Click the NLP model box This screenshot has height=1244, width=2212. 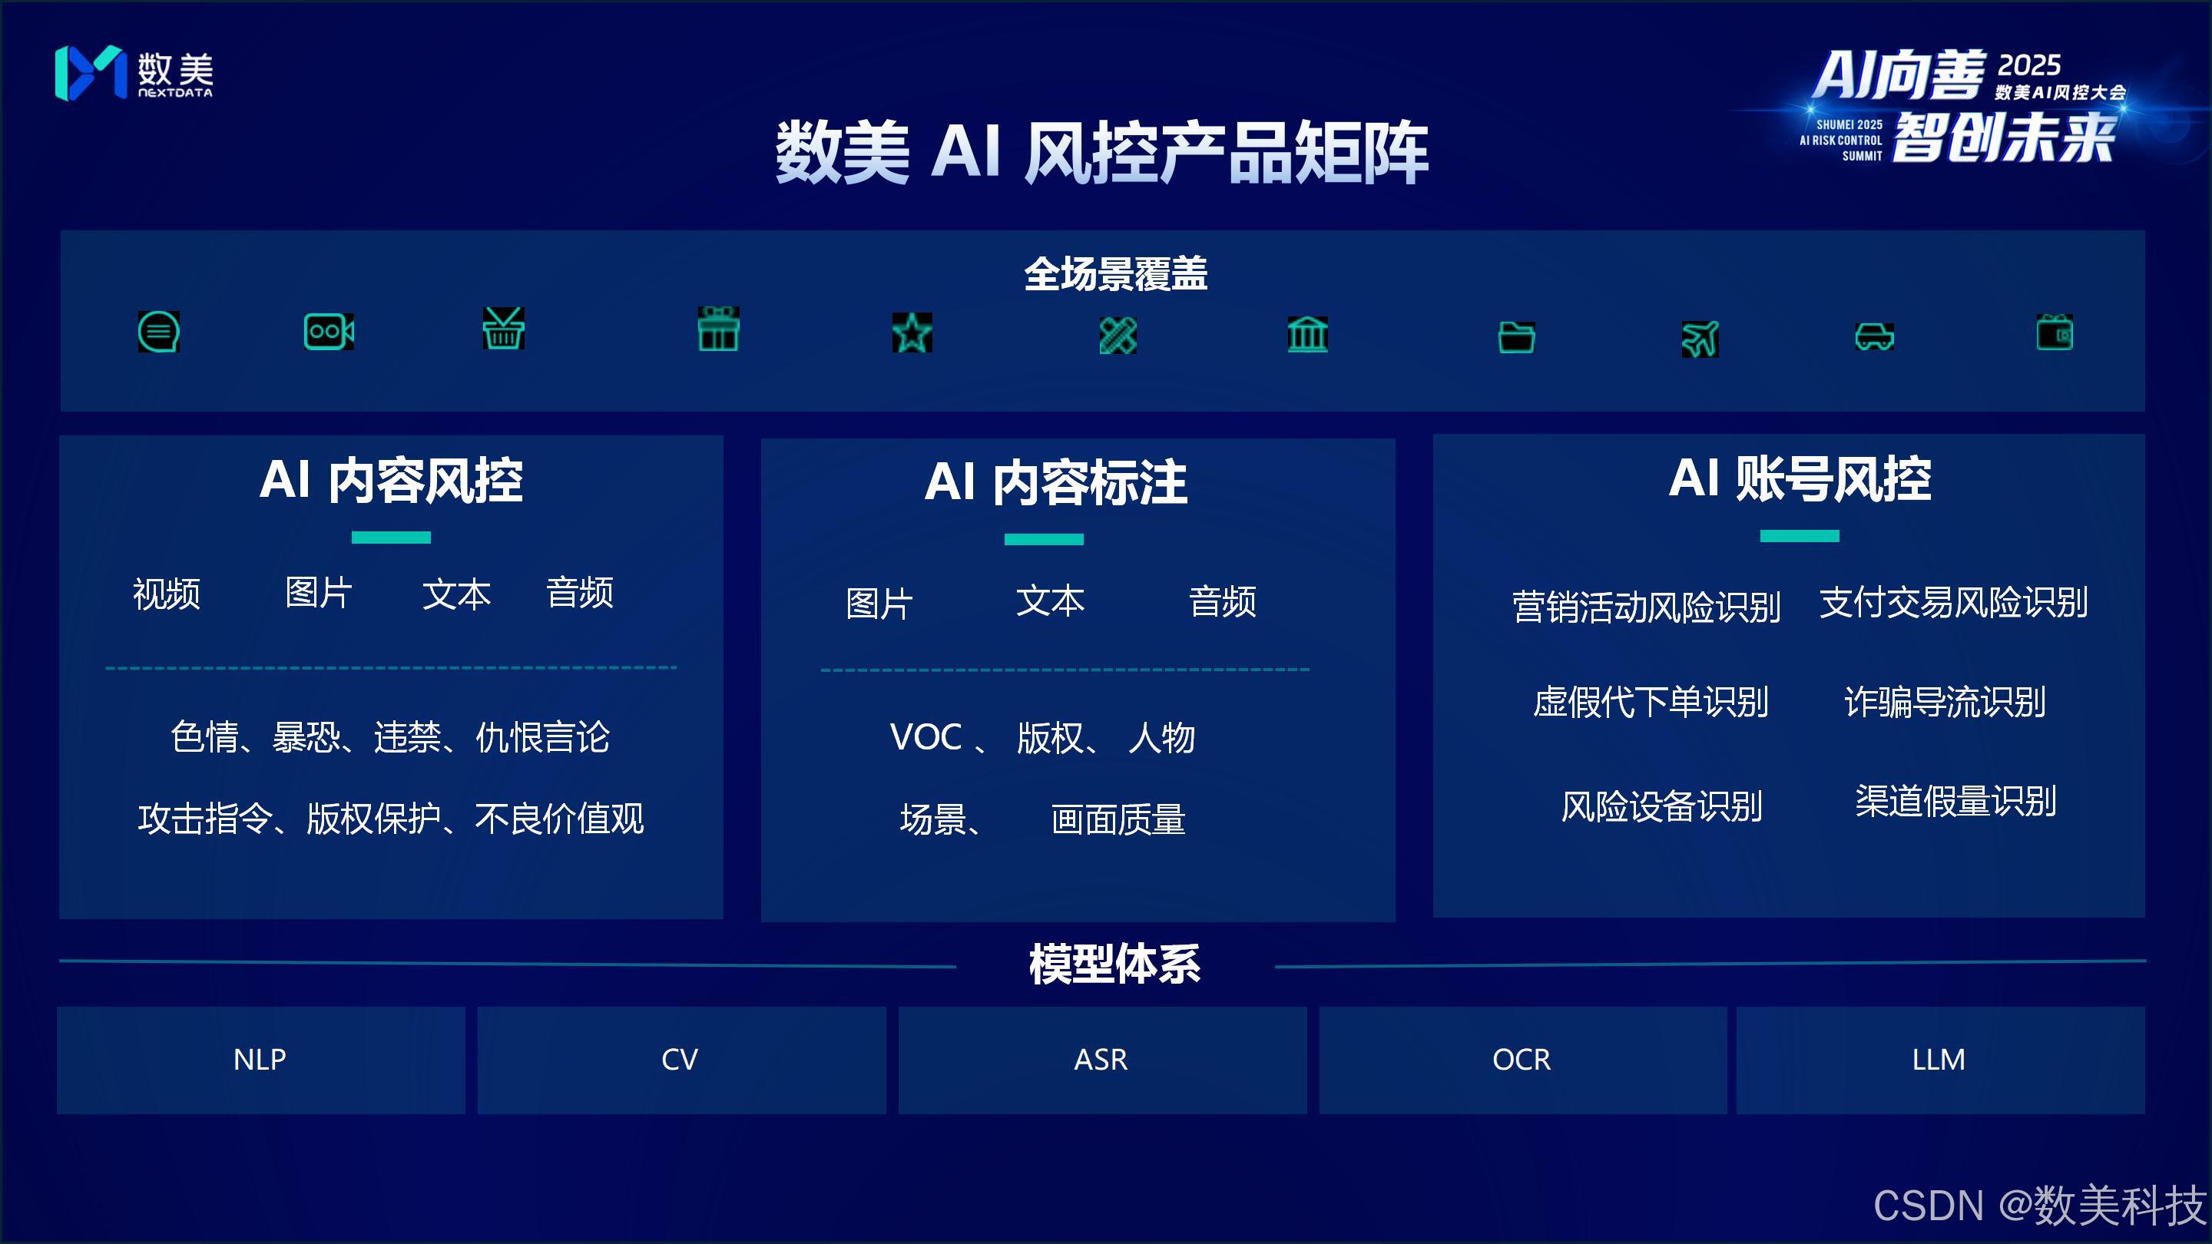[x=260, y=1060]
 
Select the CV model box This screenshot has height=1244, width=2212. [x=680, y=1060]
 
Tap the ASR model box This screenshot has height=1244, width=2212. [x=1101, y=1060]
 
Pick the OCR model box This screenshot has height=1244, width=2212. [x=1522, y=1060]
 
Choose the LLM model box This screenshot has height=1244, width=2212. [x=1939, y=1060]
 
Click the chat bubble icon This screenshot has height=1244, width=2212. [x=159, y=332]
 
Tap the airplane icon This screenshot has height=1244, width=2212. [x=1700, y=337]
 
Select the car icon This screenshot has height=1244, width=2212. [x=1875, y=336]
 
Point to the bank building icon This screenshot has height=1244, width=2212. [x=1308, y=333]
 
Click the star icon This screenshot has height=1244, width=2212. [x=912, y=333]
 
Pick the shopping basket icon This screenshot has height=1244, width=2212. [x=503, y=329]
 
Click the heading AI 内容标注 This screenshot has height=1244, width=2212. [x=1055, y=481]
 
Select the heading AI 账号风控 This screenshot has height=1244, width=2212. [x=1799, y=478]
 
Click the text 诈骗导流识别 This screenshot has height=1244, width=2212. [x=1945, y=701]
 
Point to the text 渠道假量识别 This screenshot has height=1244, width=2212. [x=1955, y=801]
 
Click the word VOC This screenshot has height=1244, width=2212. [x=926, y=736]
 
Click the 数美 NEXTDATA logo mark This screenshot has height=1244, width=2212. [x=90, y=73]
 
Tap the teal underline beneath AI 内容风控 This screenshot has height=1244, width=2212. [x=391, y=538]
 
